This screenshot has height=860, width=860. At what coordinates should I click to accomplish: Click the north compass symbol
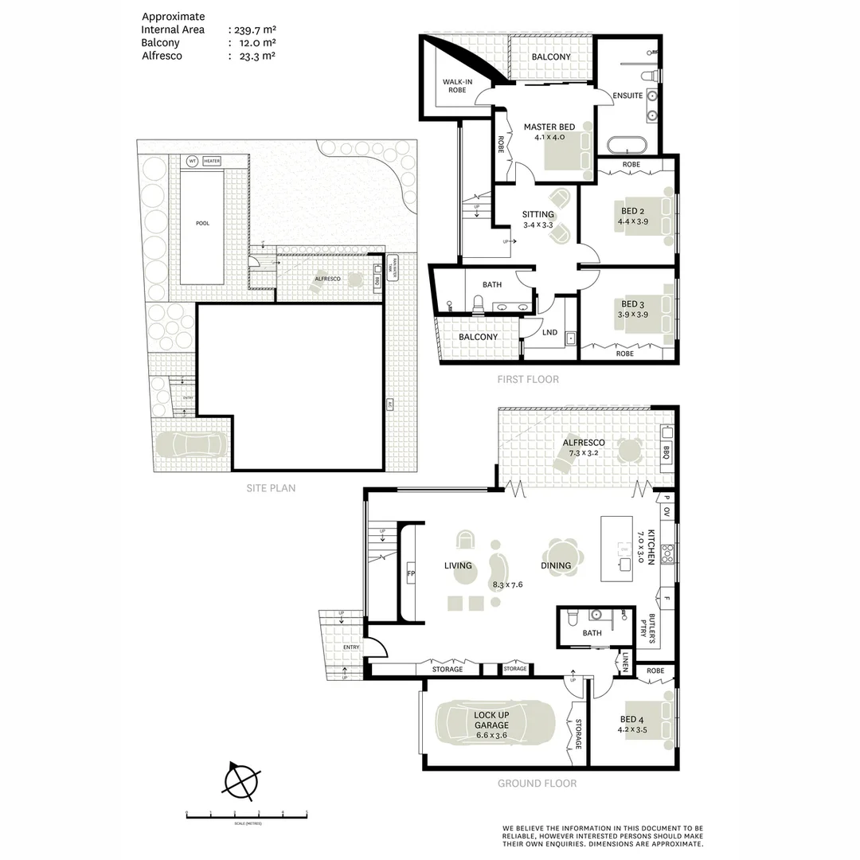(x=241, y=780)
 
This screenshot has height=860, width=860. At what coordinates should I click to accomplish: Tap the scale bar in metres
(x=247, y=814)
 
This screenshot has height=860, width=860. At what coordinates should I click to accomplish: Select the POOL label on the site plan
(x=202, y=223)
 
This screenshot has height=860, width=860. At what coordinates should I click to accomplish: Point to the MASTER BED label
(x=549, y=127)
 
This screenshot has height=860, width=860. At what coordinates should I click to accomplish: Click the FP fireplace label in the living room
(x=411, y=573)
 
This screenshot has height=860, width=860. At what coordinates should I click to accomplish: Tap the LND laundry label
(x=549, y=332)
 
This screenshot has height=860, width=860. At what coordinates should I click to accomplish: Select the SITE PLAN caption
(x=271, y=488)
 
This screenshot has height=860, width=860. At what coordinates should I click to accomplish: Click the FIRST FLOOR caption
(x=528, y=379)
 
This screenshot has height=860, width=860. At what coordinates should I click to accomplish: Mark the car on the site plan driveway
(x=190, y=446)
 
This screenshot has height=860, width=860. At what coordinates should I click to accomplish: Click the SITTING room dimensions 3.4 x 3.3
(x=539, y=225)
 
